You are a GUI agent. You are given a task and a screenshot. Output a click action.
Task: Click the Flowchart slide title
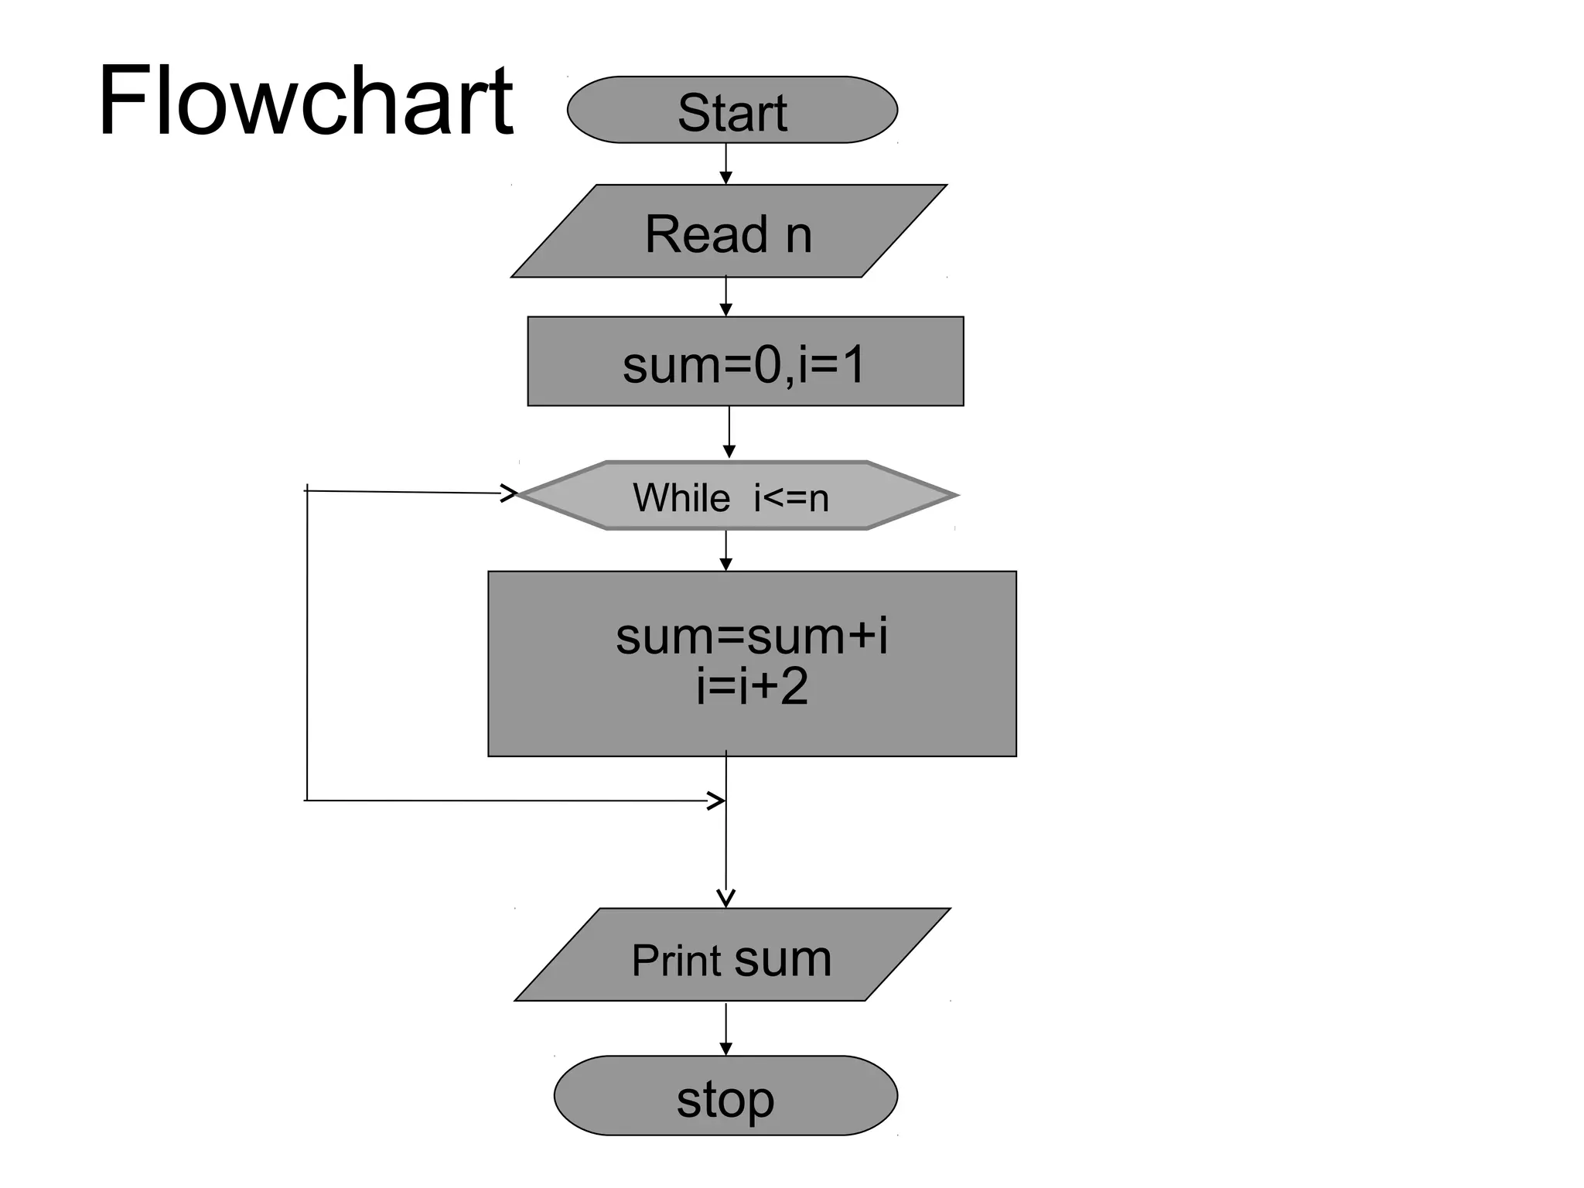tap(305, 101)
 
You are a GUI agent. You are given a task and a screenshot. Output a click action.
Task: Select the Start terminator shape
tap(732, 110)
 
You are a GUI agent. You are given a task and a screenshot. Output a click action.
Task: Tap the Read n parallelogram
tap(729, 231)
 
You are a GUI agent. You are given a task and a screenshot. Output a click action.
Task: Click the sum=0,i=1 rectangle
tap(745, 361)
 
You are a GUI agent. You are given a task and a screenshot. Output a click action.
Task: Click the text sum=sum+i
tap(751, 637)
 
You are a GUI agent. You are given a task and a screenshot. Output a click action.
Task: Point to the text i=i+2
tap(751, 686)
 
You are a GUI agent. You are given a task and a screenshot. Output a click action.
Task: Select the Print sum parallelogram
tap(732, 954)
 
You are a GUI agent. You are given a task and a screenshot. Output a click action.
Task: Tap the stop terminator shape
tap(725, 1095)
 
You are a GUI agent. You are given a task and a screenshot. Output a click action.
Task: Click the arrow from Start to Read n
tap(725, 164)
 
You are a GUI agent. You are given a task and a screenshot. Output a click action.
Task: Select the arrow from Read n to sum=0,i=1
tap(725, 297)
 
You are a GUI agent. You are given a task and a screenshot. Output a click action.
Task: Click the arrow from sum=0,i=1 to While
tap(729, 432)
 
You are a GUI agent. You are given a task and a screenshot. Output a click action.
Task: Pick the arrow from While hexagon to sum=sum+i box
tap(725, 550)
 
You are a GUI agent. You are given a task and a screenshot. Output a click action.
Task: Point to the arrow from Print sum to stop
tap(725, 1029)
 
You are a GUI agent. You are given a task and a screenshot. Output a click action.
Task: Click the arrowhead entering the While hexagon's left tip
tap(509, 493)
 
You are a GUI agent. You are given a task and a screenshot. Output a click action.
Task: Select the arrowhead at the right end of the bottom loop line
tap(717, 801)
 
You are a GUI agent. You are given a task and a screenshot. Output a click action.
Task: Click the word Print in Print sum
tap(677, 961)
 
